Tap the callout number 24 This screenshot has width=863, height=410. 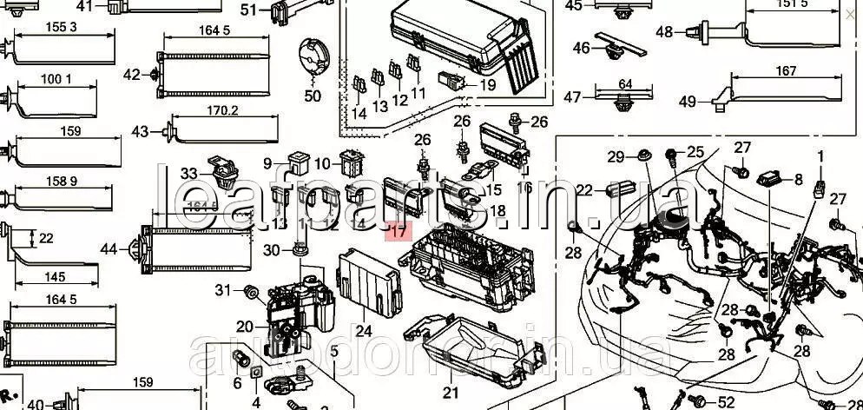coord(363,331)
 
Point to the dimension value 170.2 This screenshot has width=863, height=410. coord(223,110)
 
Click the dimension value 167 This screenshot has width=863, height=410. coord(786,71)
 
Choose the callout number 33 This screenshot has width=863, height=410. coord(189,174)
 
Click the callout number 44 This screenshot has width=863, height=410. coord(109,249)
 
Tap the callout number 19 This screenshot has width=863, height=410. coord(487,85)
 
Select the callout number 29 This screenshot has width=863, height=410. coord(616,157)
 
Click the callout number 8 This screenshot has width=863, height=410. coord(799,180)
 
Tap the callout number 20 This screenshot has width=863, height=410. coord(244,326)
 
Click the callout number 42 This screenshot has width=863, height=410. coord(132,75)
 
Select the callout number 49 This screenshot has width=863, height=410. coord(688,102)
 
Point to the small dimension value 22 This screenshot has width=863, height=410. coord(46,238)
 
